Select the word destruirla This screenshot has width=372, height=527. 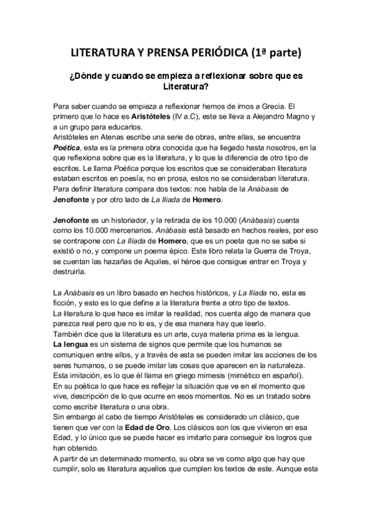pyautogui.click(x=70, y=270)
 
